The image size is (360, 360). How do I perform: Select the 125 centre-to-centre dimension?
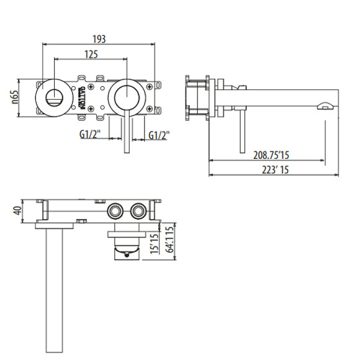(91, 55)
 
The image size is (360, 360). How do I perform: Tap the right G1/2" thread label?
(160, 134)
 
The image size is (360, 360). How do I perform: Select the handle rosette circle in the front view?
(127, 97)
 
